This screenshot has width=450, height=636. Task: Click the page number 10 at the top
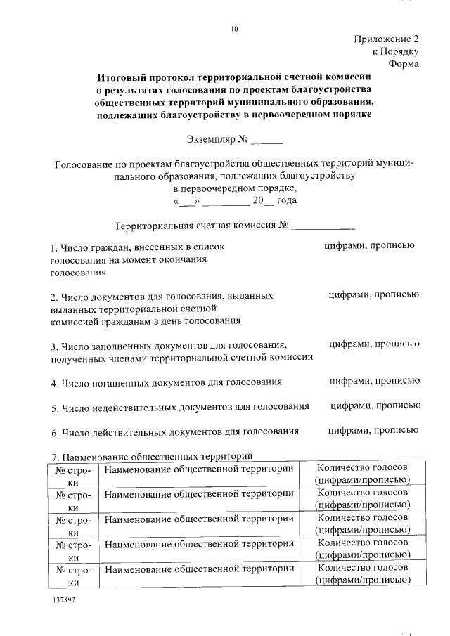(234, 29)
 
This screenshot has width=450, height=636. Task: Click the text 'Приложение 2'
(387, 39)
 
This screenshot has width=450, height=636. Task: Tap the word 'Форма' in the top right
(403, 64)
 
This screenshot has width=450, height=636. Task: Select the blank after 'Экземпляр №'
(267, 139)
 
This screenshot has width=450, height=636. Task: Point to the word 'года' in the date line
(287, 201)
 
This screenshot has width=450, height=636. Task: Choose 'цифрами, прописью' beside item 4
(375, 382)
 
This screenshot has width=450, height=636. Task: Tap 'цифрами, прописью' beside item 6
(375, 431)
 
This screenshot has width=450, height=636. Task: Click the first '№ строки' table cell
(72, 474)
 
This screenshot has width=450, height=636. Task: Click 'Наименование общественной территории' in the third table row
(199, 519)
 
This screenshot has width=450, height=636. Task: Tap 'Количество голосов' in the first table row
(362, 468)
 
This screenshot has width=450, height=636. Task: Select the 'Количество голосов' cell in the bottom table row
(362, 575)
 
